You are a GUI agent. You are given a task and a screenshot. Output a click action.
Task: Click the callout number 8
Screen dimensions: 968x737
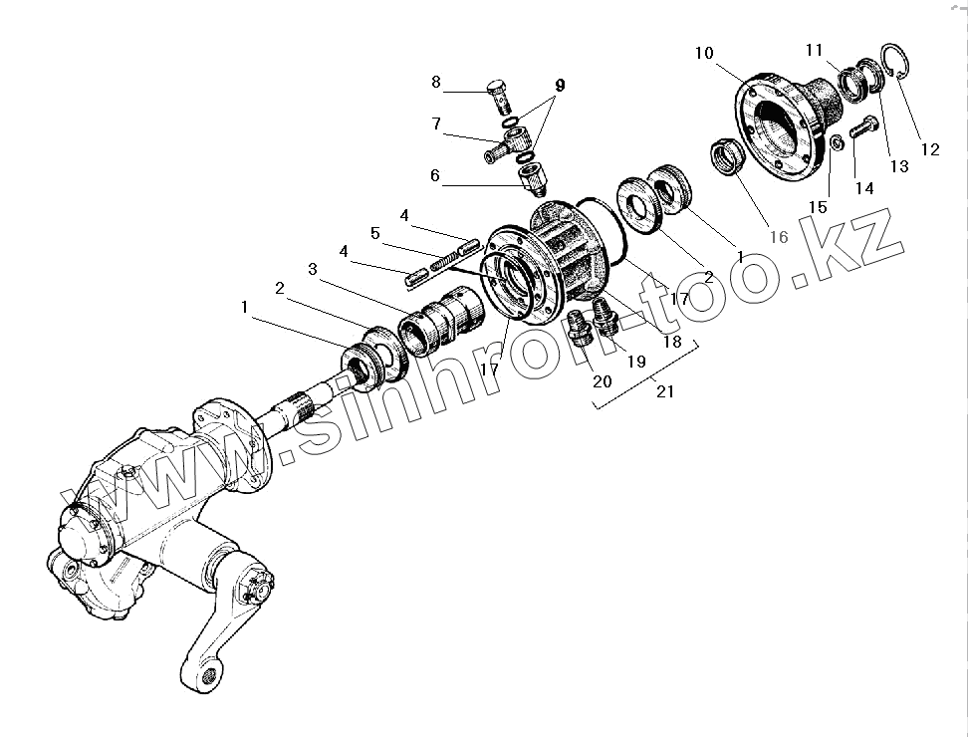(x=436, y=82)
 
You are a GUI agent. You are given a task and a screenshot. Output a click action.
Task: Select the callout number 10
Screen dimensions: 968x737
(x=705, y=53)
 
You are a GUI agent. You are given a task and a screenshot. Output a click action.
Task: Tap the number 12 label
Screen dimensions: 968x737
(x=929, y=150)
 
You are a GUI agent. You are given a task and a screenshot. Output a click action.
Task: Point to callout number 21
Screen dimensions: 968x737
(x=665, y=391)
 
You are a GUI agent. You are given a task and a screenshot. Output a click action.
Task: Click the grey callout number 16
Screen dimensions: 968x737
(x=778, y=236)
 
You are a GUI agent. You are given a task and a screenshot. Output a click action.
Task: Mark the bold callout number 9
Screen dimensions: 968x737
(x=560, y=86)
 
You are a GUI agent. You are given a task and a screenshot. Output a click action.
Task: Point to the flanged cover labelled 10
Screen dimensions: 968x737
(x=787, y=124)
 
